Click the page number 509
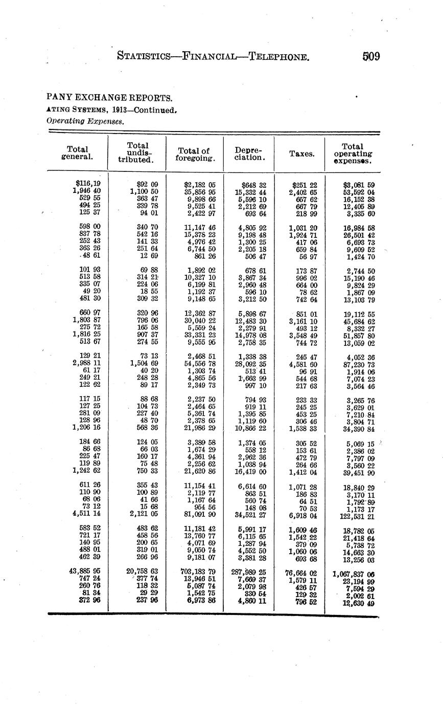pos(371,56)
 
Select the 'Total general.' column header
pos(77,153)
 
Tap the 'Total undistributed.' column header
pos(137,152)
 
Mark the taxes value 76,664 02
pos(301,573)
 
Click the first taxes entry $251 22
pos(305,185)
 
